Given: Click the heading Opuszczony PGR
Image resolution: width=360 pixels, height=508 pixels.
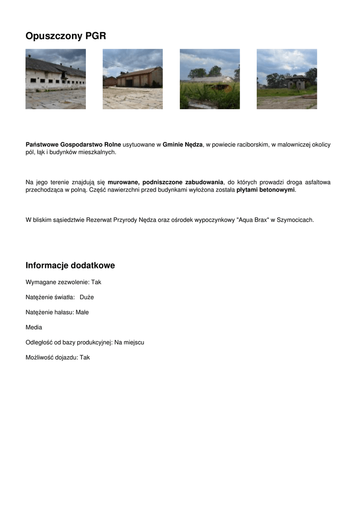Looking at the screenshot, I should pos(66,36).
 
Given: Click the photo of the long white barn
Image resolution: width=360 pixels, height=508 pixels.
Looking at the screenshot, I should pos(56,79).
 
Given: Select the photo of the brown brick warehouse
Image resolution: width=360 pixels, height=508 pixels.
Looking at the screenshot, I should pos(133,79).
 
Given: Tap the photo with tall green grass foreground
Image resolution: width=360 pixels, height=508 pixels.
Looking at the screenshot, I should pos(210,79).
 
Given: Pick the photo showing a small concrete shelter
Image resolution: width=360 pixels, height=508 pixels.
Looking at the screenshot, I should pos(287,79).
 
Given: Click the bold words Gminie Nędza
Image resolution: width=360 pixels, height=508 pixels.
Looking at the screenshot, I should pos(183,144).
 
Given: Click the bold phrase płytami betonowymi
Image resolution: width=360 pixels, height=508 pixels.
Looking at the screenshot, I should pos(266,190).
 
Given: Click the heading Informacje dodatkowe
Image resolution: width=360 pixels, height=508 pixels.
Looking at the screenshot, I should pos(70,265).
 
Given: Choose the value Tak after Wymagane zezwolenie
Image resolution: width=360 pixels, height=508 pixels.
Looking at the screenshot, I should pos(96,282).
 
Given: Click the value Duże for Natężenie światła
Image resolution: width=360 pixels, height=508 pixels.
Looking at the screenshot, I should pos(87,297).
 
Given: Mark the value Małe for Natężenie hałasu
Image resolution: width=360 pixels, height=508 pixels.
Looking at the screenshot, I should pos(82,312).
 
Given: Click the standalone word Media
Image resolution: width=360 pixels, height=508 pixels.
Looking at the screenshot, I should pos(34,327).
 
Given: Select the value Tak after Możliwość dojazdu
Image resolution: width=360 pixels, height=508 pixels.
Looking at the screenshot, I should pos(85,357).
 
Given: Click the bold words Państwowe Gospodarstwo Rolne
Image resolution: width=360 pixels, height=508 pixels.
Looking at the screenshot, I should pos(73,144).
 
